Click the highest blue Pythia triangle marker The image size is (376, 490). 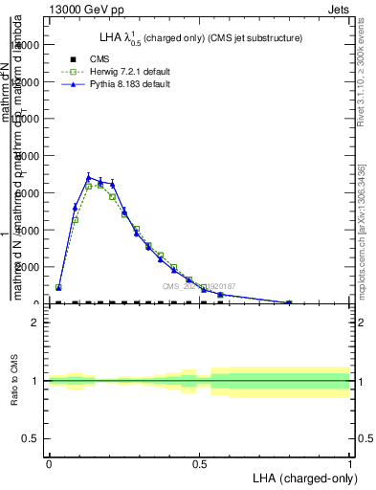(88, 177)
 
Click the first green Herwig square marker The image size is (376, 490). (59, 287)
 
